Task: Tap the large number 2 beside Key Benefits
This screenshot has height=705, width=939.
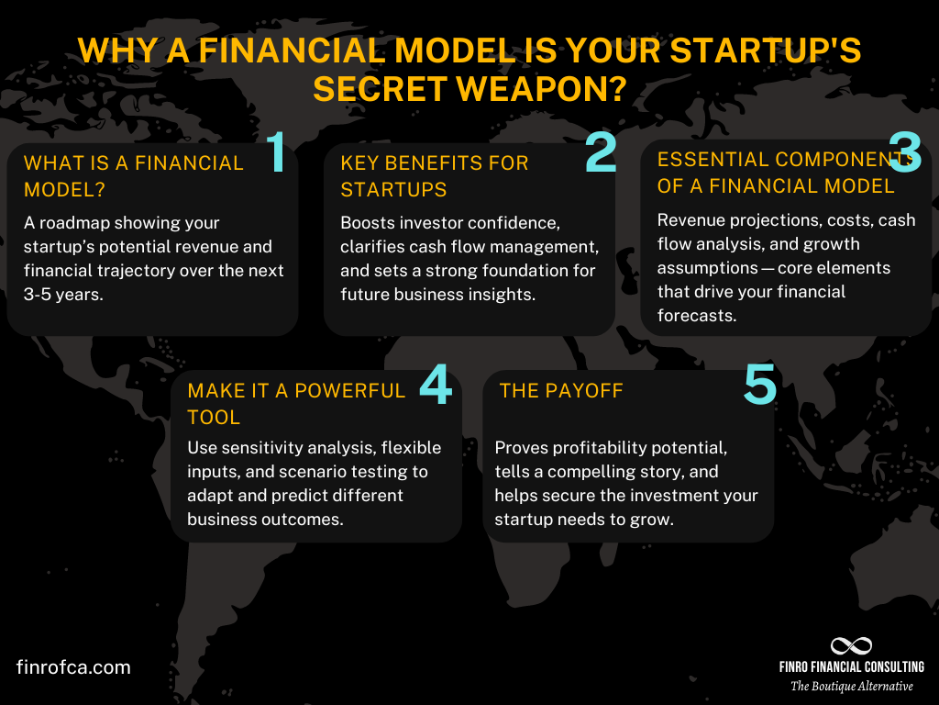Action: [602, 153]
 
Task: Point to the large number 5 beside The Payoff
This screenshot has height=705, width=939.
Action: [759, 385]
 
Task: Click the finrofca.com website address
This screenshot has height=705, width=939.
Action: [73, 667]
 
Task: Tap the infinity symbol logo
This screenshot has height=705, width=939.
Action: [851, 646]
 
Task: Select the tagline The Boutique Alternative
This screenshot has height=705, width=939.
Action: [852, 687]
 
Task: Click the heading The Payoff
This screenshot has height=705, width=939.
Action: [561, 391]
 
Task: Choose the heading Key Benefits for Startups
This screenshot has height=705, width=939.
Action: [435, 176]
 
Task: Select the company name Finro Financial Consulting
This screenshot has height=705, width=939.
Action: [852, 667]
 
